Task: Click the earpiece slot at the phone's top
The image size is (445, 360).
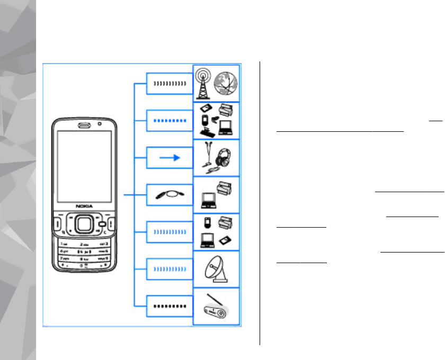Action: click(x=84, y=125)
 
